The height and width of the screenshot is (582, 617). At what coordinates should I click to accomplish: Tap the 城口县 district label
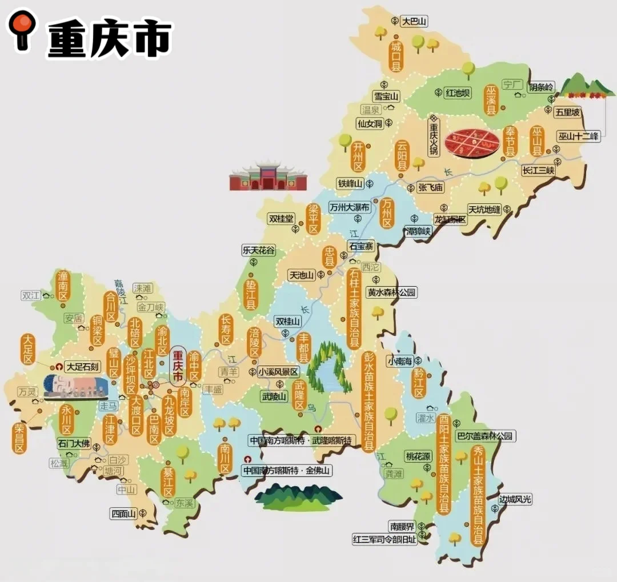coord(395,56)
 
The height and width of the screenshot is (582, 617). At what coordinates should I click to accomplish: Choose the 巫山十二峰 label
coord(579,137)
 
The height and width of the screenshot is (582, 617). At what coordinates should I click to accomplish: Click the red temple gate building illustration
coord(268,176)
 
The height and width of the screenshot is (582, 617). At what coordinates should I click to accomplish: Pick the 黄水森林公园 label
coord(391,292)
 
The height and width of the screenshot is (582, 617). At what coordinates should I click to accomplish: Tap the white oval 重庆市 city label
coord(178,366)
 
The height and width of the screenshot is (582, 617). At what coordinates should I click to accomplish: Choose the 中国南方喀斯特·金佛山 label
coord(286,471)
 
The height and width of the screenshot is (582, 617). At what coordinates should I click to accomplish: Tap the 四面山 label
coord(123,513)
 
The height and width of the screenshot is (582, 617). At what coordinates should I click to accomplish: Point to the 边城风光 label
coord(515,500)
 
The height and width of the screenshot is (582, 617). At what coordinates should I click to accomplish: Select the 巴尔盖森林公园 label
coord(485,436)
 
